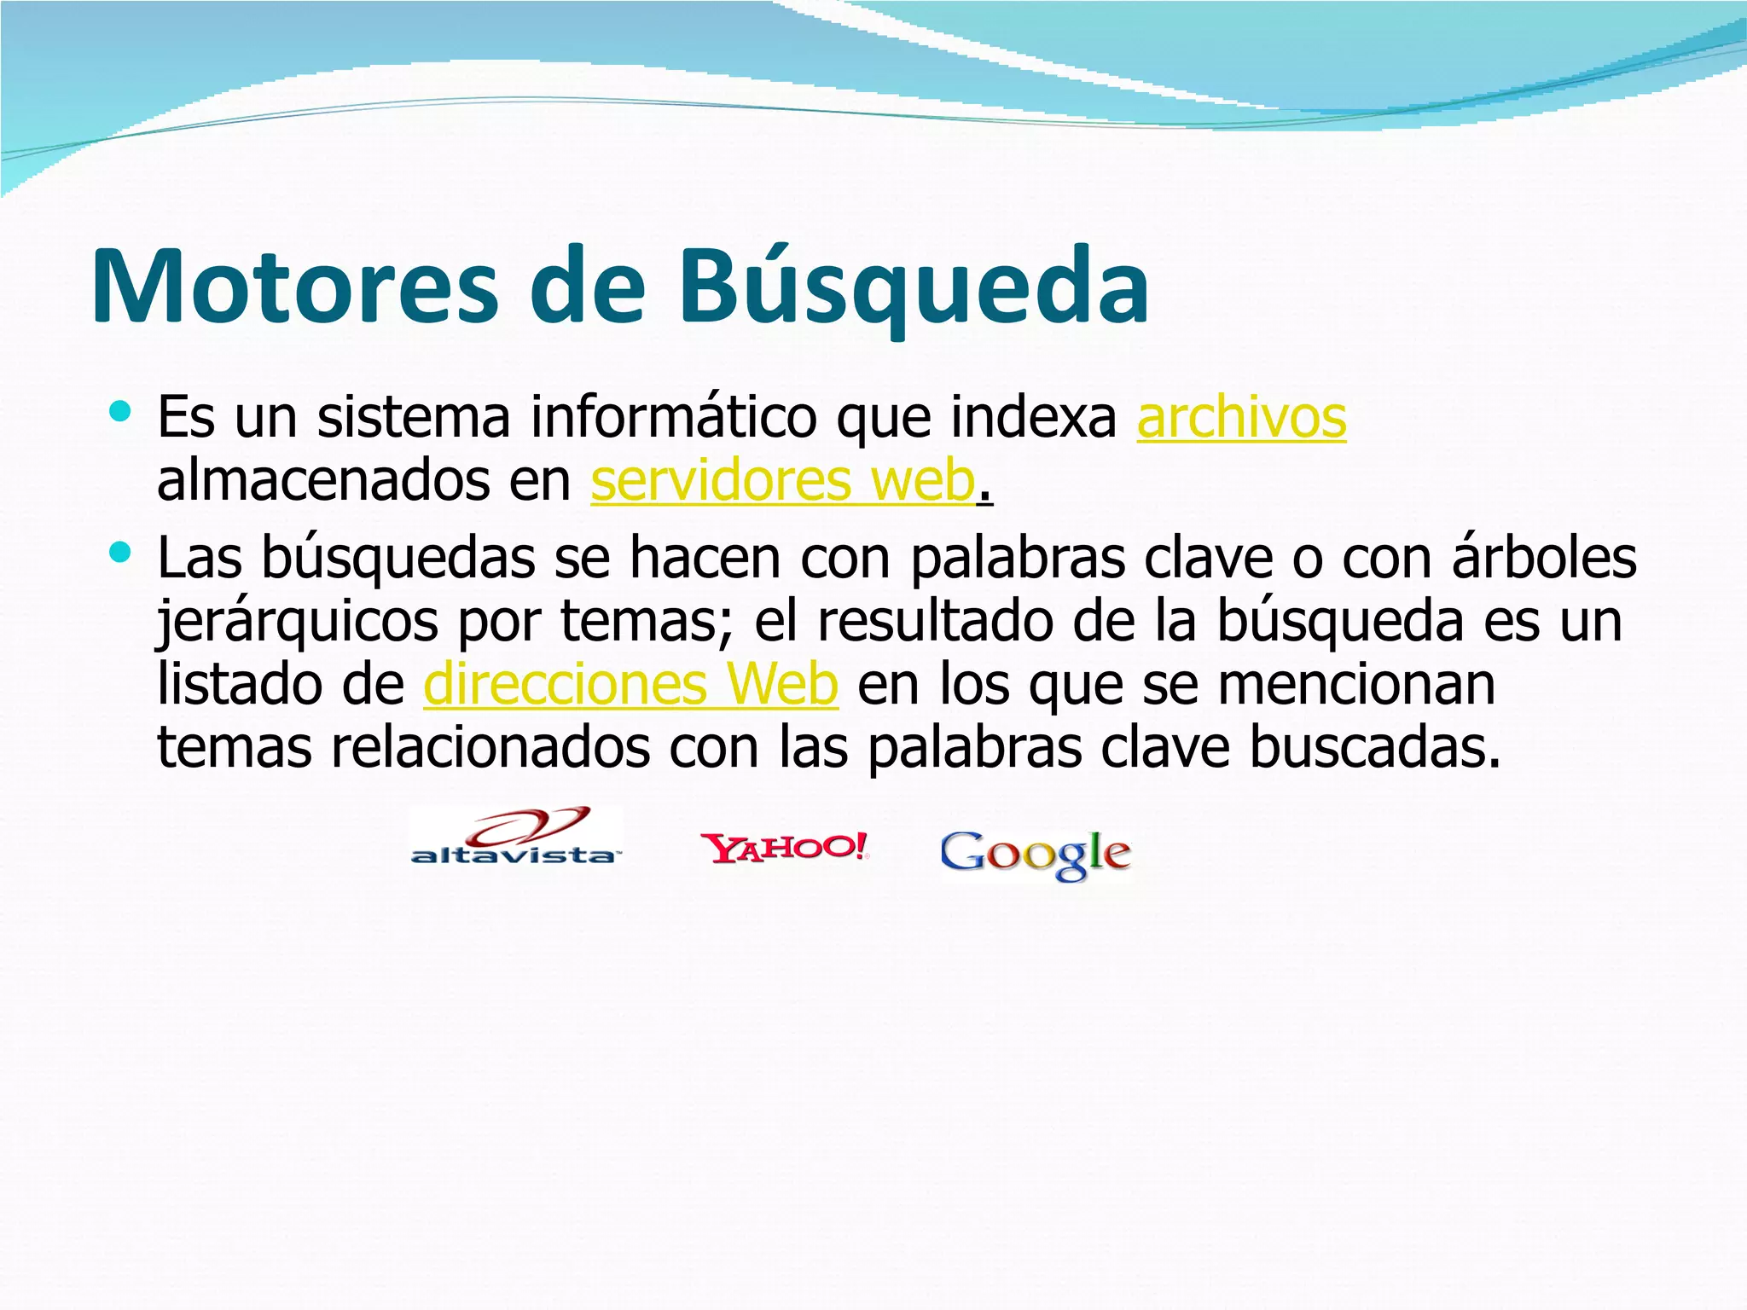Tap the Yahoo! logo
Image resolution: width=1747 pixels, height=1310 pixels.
(x=784, y=848)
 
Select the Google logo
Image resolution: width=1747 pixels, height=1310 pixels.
(x=1036, y=855)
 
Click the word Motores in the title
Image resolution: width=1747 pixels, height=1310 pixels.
(x=293, y=287)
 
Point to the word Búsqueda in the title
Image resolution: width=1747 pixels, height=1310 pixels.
(x=914, y=287)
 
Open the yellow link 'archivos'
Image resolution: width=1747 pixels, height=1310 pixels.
(x=1241, y=419)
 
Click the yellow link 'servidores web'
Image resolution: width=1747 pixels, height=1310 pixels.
(x=782, y=481)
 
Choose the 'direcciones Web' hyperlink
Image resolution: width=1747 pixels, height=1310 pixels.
(x=630, y=685)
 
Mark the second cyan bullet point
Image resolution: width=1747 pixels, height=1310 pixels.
(x=120, y=554)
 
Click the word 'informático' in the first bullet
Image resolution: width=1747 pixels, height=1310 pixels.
(x=673, y=419)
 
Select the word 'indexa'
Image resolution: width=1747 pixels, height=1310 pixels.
(x=1034, y=419)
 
